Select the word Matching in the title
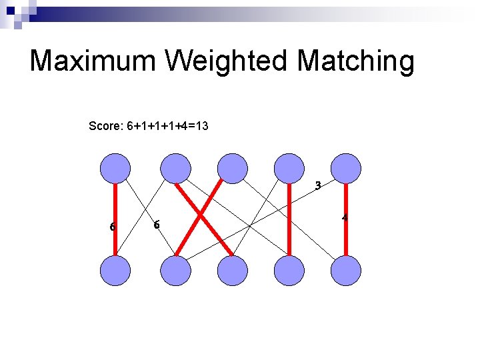coord(355,61)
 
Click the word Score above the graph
coord(106,125)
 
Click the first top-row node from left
coord(115,168)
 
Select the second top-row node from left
coord(176,168)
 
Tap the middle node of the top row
coord(233,168)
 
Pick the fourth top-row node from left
coord(289,168)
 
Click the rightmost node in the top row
coord(346,168)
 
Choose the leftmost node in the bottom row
coord(115,271)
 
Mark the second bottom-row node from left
coord(176,271)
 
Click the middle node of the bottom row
coord(233,271)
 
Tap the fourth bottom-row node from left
coord(289,271)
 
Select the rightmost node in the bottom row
coord(346,271)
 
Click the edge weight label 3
coord(318,186)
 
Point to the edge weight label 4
coord(345,218)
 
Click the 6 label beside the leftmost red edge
coord(113,227)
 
